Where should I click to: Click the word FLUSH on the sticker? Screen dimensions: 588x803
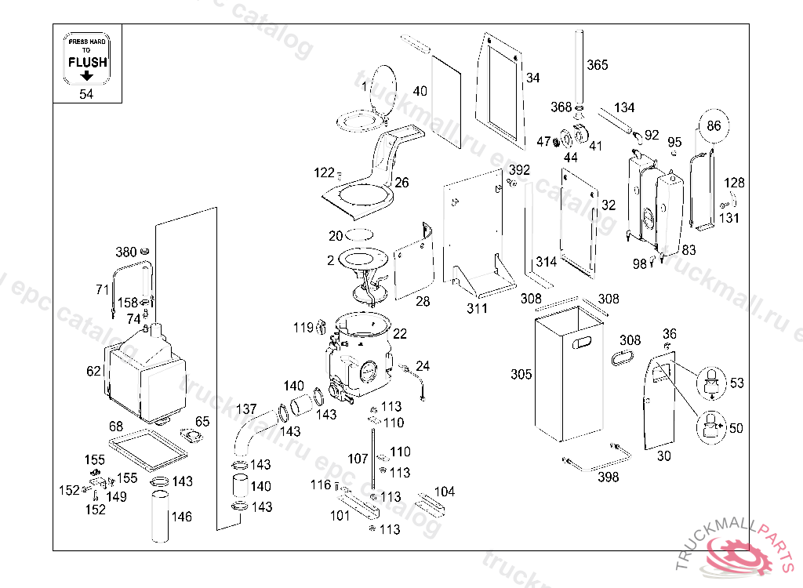point(87,62)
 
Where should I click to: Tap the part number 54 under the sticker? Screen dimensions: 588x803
point(86,94)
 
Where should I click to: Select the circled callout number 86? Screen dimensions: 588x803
point(713,125)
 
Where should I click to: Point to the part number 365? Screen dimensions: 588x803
point(597,65)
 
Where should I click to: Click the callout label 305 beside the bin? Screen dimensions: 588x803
point(521,375)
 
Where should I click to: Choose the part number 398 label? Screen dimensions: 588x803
point(608,477)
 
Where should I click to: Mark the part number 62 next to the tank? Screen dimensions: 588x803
point(94,369)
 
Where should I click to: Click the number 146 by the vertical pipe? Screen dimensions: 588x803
point(181,517)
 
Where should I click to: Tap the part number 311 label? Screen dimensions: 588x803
point(477,308)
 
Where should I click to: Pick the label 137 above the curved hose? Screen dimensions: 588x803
point(246,409)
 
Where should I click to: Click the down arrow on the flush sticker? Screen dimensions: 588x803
point(87,76)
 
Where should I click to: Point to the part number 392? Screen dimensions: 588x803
point(519,170)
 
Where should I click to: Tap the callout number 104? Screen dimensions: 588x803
point(444,492)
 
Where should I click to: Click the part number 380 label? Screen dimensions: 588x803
point(126,252)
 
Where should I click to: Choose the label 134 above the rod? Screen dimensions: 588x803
point(624,107)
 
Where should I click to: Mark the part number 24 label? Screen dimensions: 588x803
point(423,366)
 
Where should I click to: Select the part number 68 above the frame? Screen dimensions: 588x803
point(116,426)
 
